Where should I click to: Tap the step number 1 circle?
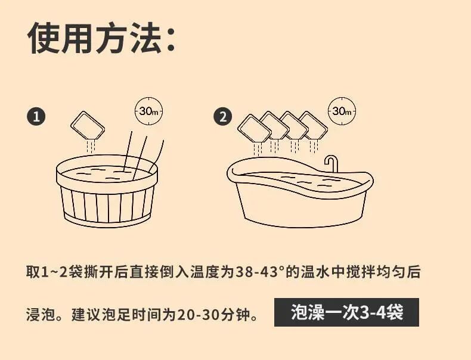pyautogui.click(x=36, y=116)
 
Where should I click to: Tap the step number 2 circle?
pyautogui.click(x=223, y=116)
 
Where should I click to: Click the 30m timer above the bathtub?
pyautogui.click(x=342, y=111)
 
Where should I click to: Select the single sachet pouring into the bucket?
pyautogui.click(x=87, y=126)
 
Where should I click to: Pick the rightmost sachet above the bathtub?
pyautogui.click(x=313, y=126)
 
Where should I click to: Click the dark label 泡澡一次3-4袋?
pyautogui.click(x=346, y=312)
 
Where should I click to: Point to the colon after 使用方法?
pyautogui.click(x=169, y=39)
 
